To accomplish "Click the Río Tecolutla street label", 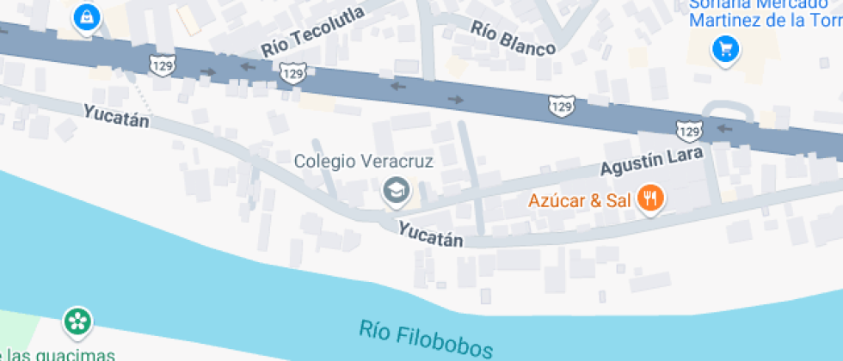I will pyautogui.click(x=313, y=29).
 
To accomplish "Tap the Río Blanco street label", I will pyautogui.click(x=513, y=38).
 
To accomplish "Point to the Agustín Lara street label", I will pyautogui.click(x=652, y=160).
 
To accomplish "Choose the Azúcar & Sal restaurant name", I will pyautogui.click(x=580, y=202).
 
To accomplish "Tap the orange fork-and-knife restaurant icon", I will pyautogui.click(x=649, y=199).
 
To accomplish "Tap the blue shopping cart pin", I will pyautogui.click(x=726, y=49).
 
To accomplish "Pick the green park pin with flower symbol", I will pyautogui.click(x=77, y=323).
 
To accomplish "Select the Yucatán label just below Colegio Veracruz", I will pyautogui.click(x=430, y=233).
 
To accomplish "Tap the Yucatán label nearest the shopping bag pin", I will pyautogui.click(x=116, y=115).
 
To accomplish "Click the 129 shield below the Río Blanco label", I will pyautogui.click(x=561, y=106).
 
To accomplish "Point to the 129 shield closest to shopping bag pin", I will pyautogui.click(x=159, y=64).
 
